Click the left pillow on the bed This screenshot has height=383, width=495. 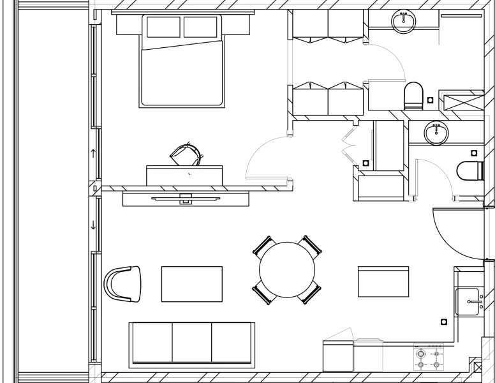tap(164, 27)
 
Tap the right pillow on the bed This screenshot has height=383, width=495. tap(201, 27)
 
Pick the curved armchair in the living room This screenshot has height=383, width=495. tap(122, 283)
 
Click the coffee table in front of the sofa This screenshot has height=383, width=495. tap(192, 283)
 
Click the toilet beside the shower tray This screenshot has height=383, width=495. tap(413, 94)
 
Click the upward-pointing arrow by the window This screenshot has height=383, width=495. tap(94, 153)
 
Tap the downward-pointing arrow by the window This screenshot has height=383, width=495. tap(94, 225)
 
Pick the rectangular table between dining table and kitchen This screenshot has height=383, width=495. tap(383, 282)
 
